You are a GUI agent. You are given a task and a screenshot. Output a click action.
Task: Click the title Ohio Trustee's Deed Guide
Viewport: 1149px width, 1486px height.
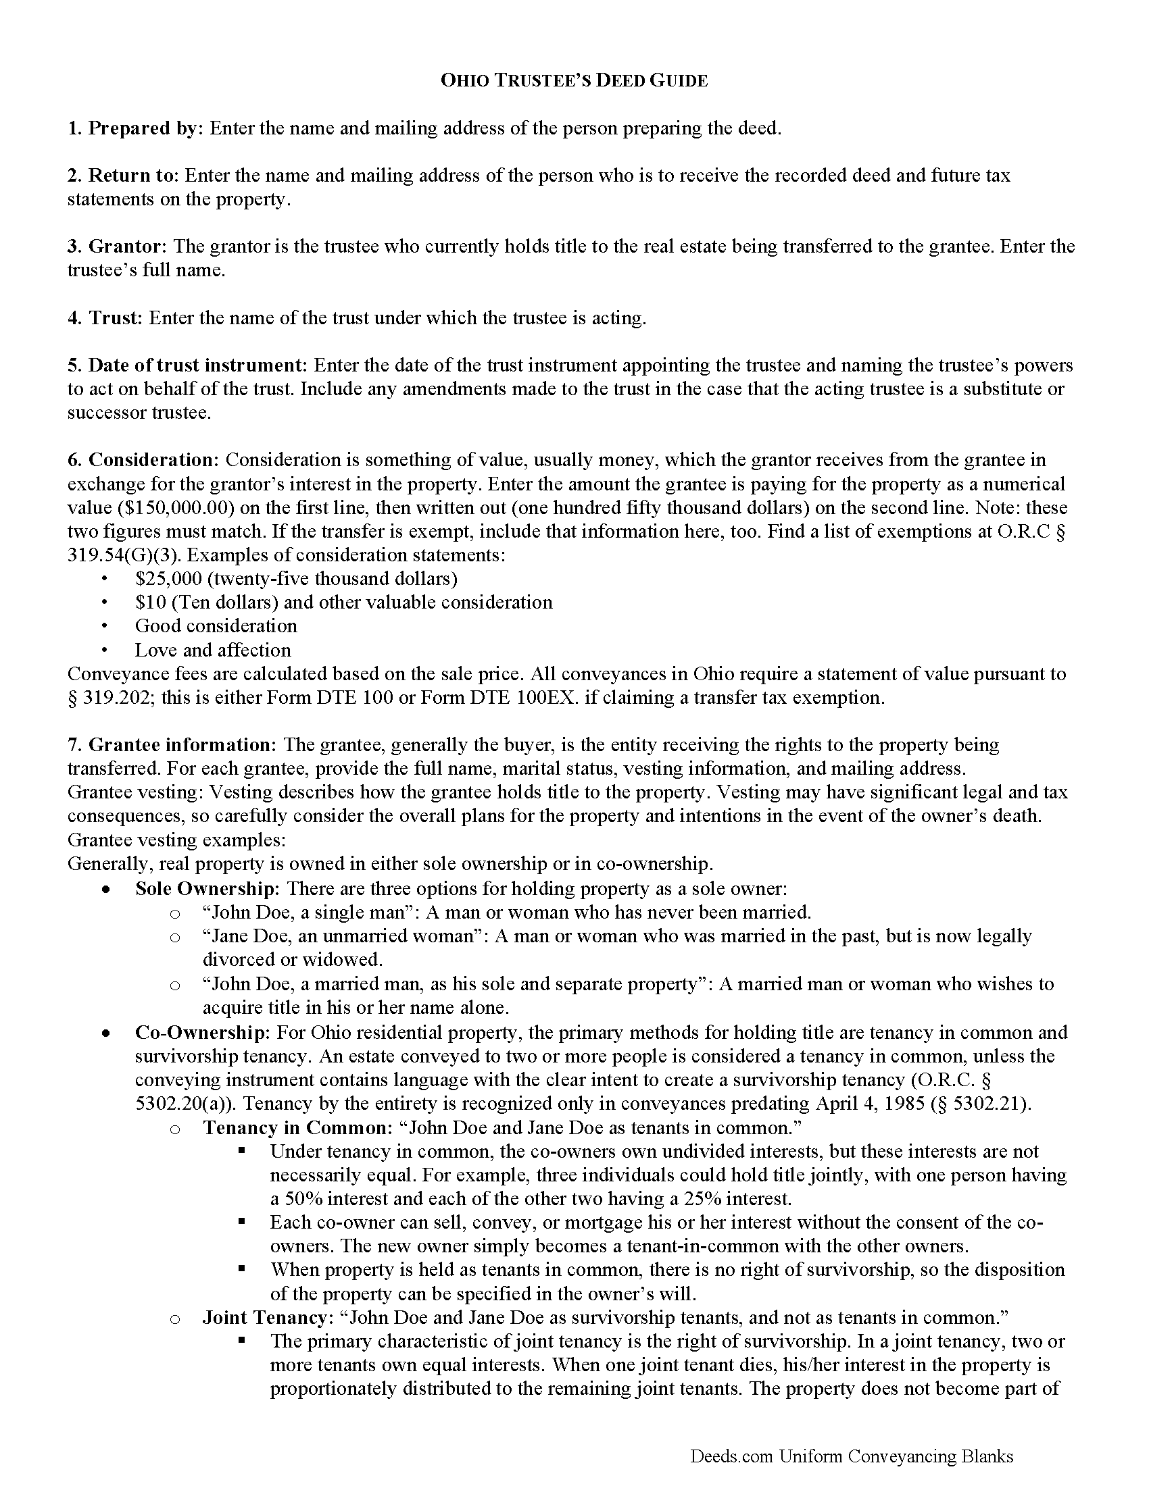[x=574, y=81]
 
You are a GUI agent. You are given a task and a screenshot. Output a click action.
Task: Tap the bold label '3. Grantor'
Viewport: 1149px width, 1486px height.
[x=116, y=247]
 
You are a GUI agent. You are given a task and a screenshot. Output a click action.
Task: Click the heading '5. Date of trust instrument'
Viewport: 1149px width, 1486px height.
[x=187, y=365]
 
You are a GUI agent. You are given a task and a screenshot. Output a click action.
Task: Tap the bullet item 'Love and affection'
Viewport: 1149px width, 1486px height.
[x=212, y=650]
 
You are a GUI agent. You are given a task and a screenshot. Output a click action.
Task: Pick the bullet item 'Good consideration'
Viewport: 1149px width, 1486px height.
[x=216, y=626]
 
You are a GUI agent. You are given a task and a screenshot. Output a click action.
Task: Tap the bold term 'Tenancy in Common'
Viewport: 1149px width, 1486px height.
[x=295, y=1127]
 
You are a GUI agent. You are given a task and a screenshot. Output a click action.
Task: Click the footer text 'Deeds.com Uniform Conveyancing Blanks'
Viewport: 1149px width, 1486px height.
[x=851, y=1456]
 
